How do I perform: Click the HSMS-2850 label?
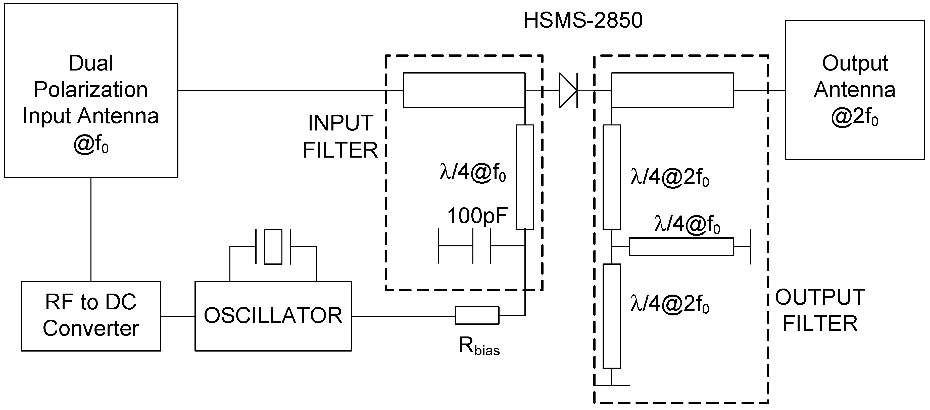point(583,21)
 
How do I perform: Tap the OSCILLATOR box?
point(273,316)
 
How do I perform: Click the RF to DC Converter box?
point(91,316)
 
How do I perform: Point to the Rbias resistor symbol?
point(477,315)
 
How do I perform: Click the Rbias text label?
point(479,346)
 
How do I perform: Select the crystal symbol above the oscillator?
point(273,246)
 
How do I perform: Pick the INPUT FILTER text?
point(340,137)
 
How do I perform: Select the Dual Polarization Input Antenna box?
point(91,90)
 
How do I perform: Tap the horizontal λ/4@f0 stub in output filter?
point(681,247)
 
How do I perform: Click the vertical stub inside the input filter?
point(525,177)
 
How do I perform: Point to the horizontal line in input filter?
point(464,90)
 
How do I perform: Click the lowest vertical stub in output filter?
point(612,316)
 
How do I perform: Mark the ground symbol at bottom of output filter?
point(612,385)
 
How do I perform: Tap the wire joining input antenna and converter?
point(91,229)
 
